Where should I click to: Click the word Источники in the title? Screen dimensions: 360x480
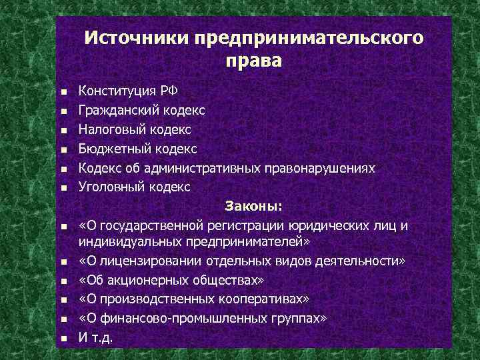[137, 37]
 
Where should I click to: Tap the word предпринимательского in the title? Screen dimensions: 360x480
[308, 37]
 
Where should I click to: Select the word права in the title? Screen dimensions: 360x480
[254, 62]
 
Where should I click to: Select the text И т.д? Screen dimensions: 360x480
[97, 338]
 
